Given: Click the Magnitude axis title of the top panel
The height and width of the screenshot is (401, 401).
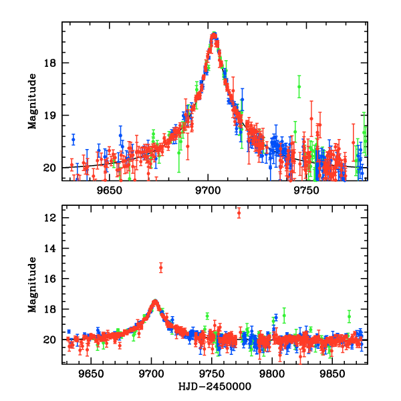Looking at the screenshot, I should [31, 101].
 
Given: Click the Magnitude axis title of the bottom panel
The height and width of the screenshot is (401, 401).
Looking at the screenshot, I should [31, 285].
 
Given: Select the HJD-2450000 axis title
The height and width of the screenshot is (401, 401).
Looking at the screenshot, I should [214, 387].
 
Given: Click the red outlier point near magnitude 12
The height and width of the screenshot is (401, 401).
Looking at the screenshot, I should [239, 213].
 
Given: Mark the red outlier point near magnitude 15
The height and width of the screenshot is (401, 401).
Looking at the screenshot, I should [160, 267].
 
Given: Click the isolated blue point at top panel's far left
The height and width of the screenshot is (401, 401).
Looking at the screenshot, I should [74, 139].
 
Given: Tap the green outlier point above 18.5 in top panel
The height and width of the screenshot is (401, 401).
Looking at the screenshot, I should [299, 86].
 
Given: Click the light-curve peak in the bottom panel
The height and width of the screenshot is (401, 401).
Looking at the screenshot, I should [155, 301].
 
